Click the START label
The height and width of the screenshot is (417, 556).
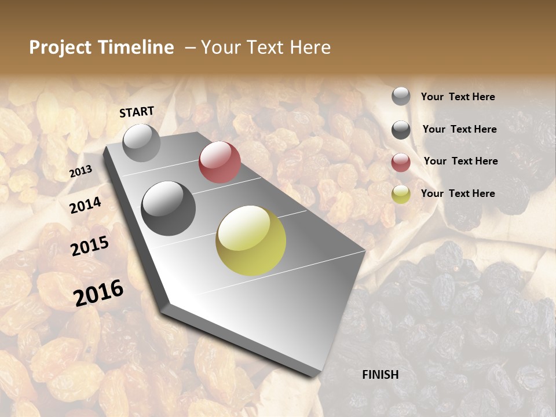[x=137, y=112]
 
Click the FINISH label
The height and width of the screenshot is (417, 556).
[x=381, y=375]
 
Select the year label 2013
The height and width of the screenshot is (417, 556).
[x=81, y=171]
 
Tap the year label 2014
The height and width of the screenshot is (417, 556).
[x=86, y=205]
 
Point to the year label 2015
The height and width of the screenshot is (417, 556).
[x=90, y=246]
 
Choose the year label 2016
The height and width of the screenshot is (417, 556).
[x=98, y=292]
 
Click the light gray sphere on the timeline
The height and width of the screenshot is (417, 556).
[x=141, y=142]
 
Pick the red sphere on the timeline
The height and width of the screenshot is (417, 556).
[x=220, y=162]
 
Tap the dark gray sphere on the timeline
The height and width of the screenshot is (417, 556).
[x=169, y=209]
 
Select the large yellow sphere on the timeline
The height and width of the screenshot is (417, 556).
[x=251, y=240]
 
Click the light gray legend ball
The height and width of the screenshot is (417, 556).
[x=401, y=96]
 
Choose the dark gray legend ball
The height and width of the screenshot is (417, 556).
[x=401, y=130]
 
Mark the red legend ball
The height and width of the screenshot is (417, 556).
[x=401, y=162]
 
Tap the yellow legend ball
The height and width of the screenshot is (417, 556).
[x=401, y=194]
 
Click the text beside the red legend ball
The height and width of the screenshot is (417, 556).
[x=460, y=161]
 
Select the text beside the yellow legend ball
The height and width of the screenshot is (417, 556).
[x=458, y=193]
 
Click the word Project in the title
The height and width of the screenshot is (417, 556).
[x=60, y=47]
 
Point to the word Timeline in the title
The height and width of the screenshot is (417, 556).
[x=136, y=47]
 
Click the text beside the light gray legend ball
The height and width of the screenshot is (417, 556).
[x=458, y=97]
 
